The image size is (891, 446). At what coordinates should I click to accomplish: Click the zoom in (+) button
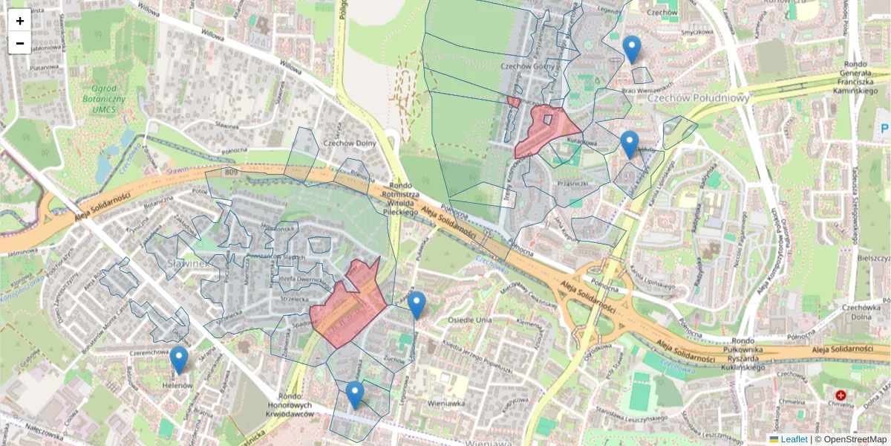click(20, 21)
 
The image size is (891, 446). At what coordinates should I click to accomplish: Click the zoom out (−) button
click(20, 43)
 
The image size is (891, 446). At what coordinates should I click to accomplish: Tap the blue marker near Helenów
click(178, 360)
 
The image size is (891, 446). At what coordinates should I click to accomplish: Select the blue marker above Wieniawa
click(355, 395)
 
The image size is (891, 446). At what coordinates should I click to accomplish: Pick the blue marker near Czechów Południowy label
click(630, 143)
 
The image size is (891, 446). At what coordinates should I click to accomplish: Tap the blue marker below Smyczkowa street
click(632, 49)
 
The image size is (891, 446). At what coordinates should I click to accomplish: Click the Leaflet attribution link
click(793, 439)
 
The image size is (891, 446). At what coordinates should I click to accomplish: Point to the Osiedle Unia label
click(470, 320)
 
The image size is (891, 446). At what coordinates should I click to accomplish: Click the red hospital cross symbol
click(841, 396)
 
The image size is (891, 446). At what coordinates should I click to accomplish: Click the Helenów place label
click(177, 387)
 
